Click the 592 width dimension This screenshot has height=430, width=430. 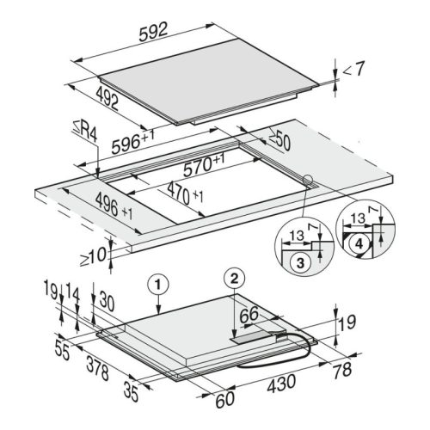(153, 32)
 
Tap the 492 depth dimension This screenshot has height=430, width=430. (107, 98)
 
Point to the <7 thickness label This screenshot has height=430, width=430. (353, 69)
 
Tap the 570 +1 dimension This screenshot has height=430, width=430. (204, 165)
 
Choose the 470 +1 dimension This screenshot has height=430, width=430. (185, 193)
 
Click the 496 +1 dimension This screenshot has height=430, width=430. (114, 206)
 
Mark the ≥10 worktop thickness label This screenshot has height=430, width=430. (93, 256)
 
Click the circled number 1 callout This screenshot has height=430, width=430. (158, 284)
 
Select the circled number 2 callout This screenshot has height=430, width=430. (235, 279)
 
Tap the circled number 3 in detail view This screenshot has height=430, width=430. (300, 262)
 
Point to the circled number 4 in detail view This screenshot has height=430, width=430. (359, 244)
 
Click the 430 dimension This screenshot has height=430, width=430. (281, 383)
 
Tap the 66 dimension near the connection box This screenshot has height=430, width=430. (249, 315)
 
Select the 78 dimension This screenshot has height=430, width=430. (342, 370)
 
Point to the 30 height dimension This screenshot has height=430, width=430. (107, 302)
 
